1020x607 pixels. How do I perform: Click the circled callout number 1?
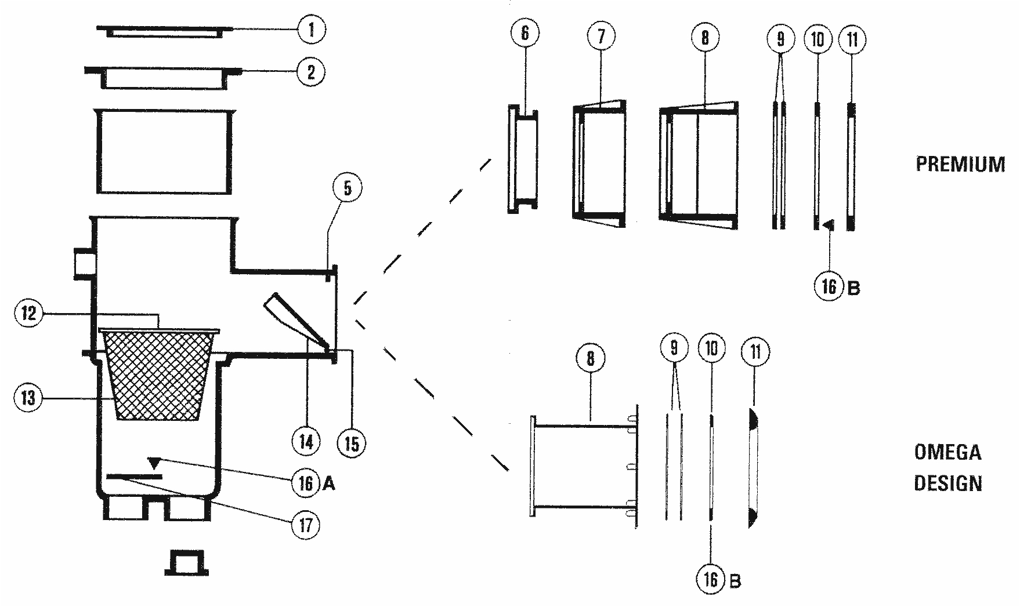[312, 30]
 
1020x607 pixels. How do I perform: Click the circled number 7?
[601, 36]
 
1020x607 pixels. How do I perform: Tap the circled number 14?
[306, 442]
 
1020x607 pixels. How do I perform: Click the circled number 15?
[352, 444]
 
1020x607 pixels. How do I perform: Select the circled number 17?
[305, 525]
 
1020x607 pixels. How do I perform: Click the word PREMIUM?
[960, 164]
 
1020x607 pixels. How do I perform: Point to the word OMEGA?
[947, 452]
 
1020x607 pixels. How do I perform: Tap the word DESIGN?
[947, 483]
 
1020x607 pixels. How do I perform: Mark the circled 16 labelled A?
[306, 483]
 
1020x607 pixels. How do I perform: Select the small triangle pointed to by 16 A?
[154, 463]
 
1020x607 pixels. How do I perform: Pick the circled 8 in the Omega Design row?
[590, 358]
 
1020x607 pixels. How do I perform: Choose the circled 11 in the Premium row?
[852, 39]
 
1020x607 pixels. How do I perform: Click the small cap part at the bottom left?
[186, 563]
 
